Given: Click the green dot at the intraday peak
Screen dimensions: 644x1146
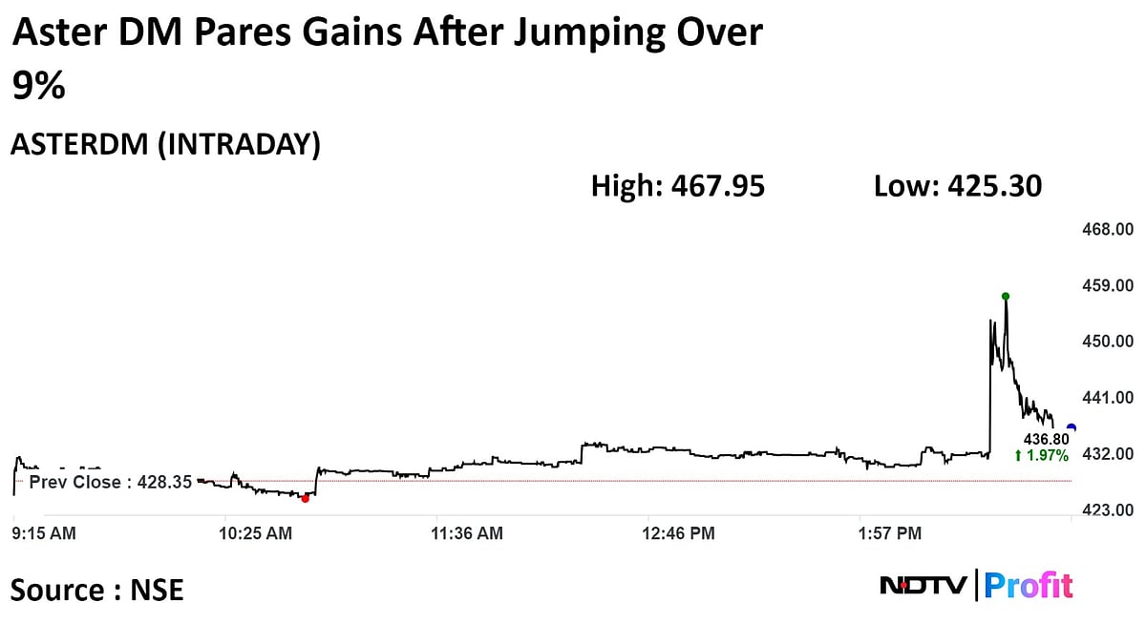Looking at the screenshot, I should (1006, 296).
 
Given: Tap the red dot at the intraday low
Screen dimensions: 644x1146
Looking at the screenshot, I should (305, 498).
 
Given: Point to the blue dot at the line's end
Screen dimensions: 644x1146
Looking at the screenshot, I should (1072, 427).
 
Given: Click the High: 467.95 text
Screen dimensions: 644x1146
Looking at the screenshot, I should (678, 186).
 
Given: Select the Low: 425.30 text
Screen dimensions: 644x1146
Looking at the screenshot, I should (958, 186).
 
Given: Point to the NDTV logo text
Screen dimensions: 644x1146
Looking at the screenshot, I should (923, 585).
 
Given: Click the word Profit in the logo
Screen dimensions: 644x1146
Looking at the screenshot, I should (1029, 585).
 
